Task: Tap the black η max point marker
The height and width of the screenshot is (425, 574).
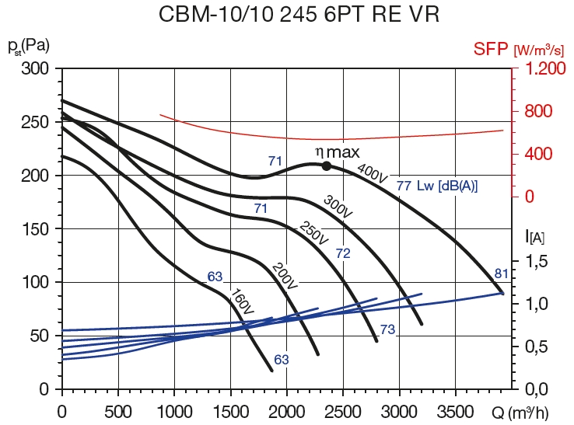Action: [x=327, y=165]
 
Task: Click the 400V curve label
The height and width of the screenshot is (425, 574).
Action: [x=372, y=173]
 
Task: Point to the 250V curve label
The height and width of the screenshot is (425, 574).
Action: [x=313, y=234]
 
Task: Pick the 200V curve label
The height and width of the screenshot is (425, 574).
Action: [x=285, y=277]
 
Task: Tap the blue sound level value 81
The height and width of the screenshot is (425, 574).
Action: [x=502, y=273]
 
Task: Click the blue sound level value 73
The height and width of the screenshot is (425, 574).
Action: [x=387, y=330]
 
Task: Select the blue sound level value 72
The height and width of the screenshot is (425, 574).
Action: [x=344, y=253]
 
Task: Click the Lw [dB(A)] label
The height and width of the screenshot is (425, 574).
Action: [x=447, y=186]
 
